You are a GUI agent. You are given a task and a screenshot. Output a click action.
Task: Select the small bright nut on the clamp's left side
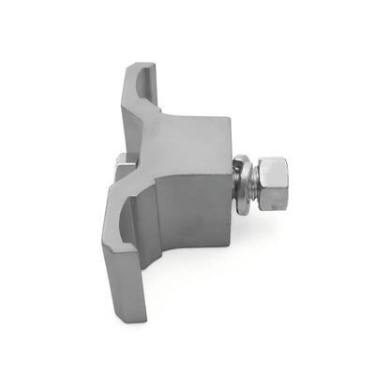[121, 167]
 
